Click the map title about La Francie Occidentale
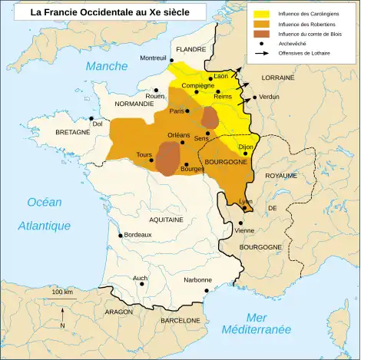coord(110,12)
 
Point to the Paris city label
coord(177,112)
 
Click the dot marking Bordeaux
coord(120,236)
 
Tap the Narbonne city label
coord(197,280)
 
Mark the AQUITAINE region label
coord(166,220)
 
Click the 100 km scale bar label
coord(63,293)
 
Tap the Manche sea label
coord(107,67)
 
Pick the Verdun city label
coord(270,97)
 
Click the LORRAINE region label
coord(278,78)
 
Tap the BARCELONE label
coord(180,320)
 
